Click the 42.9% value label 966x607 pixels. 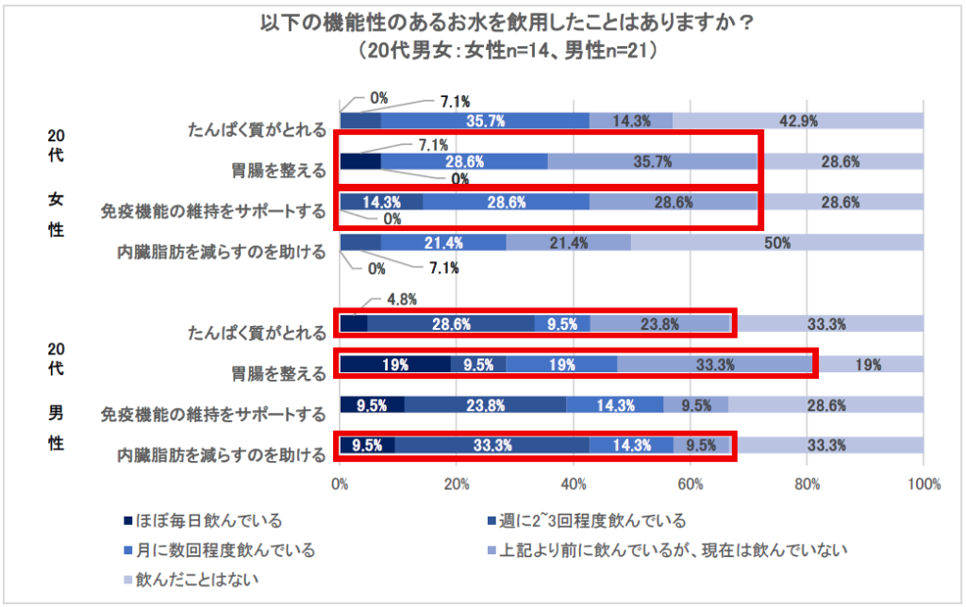pos(798,121)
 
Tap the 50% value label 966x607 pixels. pos(778,242)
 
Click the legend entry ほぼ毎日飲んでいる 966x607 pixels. pos(202,520)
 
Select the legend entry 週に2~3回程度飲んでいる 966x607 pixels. pos(590,520)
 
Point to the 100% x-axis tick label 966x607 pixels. pos(924,484)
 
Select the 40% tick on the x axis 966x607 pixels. pos(573,484)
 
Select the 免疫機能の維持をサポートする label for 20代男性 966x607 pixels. pos(213,413)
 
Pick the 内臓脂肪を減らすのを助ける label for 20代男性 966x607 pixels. pos(222,454)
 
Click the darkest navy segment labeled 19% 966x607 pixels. pos(395,364)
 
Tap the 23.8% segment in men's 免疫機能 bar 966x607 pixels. pos(485,405)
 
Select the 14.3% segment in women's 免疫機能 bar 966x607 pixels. pos(381,202)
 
